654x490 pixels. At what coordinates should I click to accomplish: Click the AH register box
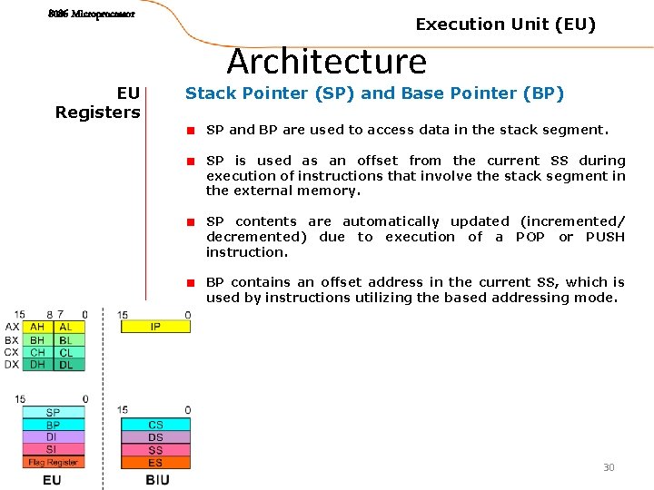[37, 327]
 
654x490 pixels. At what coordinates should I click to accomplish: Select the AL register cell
[66, 327]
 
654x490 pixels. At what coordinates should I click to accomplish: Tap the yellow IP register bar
[155, 327]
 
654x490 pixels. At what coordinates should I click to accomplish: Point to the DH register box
[37, 365]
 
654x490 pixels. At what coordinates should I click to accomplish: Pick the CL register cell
[66, 352]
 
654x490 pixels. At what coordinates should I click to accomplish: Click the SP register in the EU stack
[53, 413]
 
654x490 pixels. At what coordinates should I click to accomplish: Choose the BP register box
[53, 425]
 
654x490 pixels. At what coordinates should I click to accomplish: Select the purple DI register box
[53, 436]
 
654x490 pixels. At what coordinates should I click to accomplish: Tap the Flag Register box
[53, 462]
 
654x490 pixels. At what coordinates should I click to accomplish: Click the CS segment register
[155, 425]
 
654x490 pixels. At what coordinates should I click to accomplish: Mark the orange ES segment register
[155, 463]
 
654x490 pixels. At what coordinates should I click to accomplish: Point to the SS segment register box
[155, 450]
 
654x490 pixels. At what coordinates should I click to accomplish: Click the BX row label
[11, 339]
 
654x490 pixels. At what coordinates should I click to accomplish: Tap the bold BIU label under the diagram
[157, 479]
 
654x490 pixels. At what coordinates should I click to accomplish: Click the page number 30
[609, 467]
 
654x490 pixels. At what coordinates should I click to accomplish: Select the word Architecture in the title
[327, 62]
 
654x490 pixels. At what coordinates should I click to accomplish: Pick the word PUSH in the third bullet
[605, 237]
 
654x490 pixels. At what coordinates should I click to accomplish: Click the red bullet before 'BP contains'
[192, 282]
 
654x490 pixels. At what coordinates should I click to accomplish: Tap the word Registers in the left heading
[97, 113]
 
